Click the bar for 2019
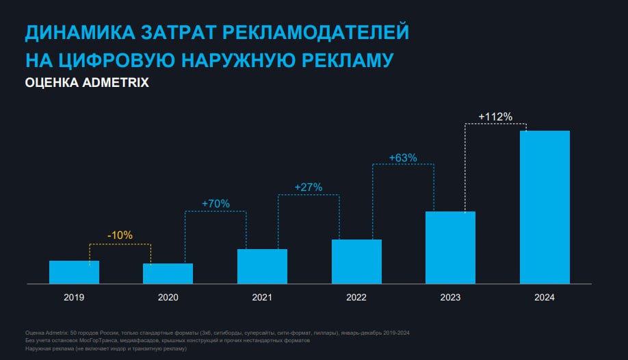[74, 272]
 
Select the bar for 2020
[168, 273]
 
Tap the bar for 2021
[262, 266]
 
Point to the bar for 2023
[450, 247]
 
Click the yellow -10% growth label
[120, 235]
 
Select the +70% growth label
[215, 203]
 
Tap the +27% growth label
[308, 187]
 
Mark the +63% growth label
[403, 157]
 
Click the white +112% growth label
[495, 116]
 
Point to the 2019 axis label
[74, 298]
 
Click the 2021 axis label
[262, 298]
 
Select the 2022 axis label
[356, 298]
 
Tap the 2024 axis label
[545, 298]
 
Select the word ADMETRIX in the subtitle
[112, 83]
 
